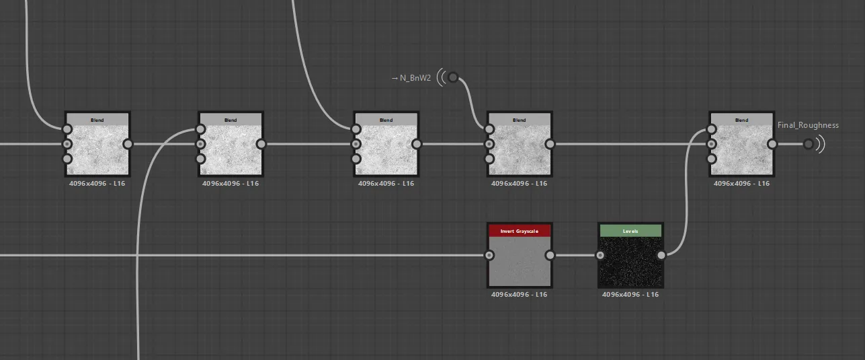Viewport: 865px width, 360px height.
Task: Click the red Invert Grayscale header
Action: pos(520,231)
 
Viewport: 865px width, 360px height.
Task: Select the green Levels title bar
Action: pos(630,231)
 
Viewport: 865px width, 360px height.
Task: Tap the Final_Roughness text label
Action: pos(808,125)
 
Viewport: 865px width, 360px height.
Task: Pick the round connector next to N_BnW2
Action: pos(453,77)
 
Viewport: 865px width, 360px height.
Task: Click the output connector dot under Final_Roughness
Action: pos(809,144)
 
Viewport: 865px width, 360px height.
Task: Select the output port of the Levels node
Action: pos(661,255)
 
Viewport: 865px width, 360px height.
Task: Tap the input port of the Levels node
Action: pos(600,255)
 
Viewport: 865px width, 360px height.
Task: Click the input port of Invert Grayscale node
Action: pos(489,255)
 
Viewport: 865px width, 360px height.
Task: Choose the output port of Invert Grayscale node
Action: pos(550,255)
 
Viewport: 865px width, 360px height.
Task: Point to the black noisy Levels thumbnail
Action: pos(630,261)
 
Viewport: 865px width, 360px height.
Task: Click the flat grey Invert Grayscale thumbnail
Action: pos(520,261)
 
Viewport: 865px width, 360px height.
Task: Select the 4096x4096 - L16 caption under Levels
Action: pos(630,294)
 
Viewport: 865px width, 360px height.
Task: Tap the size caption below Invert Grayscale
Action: pos(519,294)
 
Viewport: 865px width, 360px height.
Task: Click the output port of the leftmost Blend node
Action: pos(128,144)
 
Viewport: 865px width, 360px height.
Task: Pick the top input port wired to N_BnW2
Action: pos(489,129)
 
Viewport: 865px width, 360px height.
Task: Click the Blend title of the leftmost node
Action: pos(97,120)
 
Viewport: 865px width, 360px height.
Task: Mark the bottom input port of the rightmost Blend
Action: pos(712,159)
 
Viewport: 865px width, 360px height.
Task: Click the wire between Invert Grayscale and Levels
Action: pos(575,255)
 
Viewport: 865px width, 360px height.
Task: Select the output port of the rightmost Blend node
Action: pos(772,144)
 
